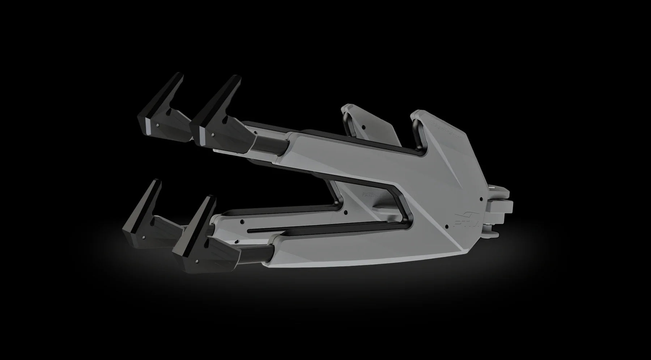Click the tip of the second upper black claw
235,78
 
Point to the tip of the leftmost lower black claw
158,181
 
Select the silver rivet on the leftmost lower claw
144,237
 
